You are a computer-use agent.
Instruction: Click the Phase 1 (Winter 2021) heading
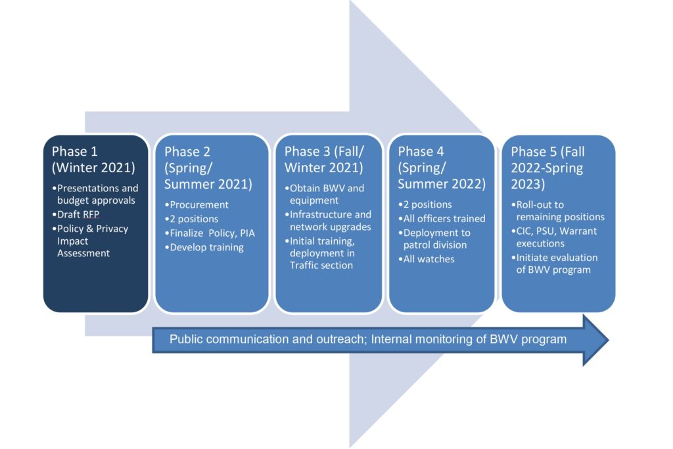(x=93, y=160)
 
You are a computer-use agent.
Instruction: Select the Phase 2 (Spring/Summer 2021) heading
(x=208, y=168)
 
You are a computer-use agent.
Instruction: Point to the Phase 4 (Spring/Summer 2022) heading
(x=442, y=168)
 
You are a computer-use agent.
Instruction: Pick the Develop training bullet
(x=206, y=247)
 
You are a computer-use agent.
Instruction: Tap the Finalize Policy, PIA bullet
(x=210, y=233)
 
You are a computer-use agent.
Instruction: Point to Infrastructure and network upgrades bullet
(x=330, y=220)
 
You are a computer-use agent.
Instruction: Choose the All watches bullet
(x=427, y=259)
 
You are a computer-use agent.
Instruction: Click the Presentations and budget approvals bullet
(x=97, y=194)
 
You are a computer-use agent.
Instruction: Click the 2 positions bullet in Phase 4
(x=428, y=204)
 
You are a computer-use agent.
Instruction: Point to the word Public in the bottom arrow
(x=185, y=339)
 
